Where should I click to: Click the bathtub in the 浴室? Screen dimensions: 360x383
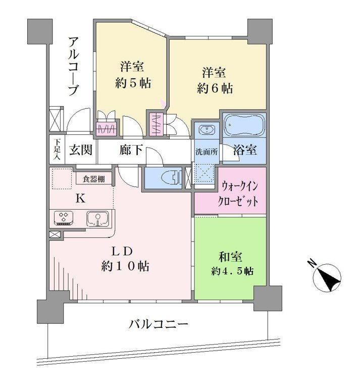(244, 125)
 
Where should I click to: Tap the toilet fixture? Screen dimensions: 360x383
(171, 177)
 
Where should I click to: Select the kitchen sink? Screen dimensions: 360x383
(97, 218)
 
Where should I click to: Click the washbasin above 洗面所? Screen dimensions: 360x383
(207, 129)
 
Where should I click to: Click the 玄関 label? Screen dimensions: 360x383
(81, 150)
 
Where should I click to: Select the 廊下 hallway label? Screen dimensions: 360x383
(131, 150)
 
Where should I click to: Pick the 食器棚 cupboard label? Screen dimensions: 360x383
(94, 179)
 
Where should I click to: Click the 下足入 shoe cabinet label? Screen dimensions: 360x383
(57, 150)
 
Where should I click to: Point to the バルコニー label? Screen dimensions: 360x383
(159, 324)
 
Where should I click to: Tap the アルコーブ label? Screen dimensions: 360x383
(73, 66)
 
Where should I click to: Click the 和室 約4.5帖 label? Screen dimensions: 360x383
(232, 264)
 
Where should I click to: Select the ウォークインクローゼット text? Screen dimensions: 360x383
(238, 194)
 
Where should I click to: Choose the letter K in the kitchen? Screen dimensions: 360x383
(81, 199)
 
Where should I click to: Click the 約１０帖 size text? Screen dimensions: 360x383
(125, 266)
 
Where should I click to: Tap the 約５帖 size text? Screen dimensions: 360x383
(133, 83)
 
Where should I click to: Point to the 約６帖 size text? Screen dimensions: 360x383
(215, 88)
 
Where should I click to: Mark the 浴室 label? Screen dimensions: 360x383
(245, 150)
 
